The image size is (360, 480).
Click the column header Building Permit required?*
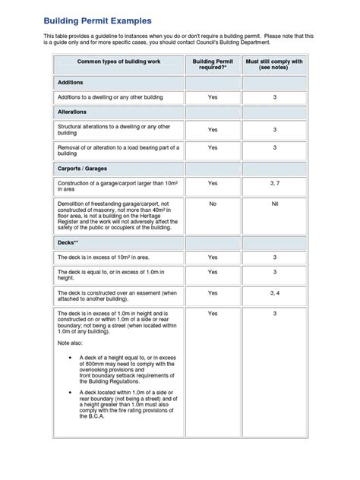tap(213, 63)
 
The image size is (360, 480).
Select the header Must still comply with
tap(274, 63)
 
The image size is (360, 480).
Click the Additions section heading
tap(70, 82)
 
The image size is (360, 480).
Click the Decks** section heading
tap(68, 240)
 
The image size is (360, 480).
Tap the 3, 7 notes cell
tap(274, 183)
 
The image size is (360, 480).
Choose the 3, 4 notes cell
tap(274, 292)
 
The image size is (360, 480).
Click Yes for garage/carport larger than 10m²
tap(213, 183)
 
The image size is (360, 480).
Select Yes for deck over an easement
tap(213, 292)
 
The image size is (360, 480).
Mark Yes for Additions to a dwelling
tap(213, 97)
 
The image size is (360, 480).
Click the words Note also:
tap(72, 343)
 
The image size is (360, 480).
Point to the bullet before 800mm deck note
tap(71, 356)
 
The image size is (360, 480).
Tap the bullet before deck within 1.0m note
tap(71, 390)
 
